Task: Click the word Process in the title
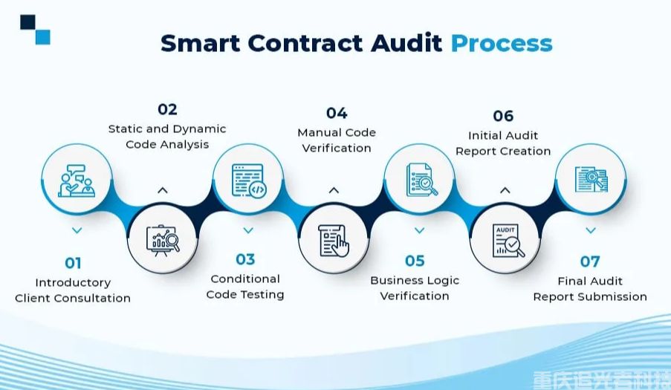click(x=502, y=42)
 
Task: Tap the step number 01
click(x=73, y=262)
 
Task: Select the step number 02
click(x=167, y=109)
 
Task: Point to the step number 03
click(x=245, y=259)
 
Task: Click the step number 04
click(x=337, y=113)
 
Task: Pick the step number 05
click(x=415, y=261)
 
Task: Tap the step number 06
click(x=503, y=116)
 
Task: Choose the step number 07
click(x=589, y=261)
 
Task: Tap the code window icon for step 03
click(x=248, y=180)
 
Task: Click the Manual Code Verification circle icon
click(x=334, y=239)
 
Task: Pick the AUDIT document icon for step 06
click(x=506, y=239)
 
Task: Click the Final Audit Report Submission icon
click(x=591, y=179)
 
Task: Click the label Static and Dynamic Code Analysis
click(x=167, y=137)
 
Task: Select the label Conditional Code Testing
click(x=245, y=287)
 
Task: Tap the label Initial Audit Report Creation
click(x=503, y=143)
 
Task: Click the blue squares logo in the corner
click(x=35, y=30)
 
